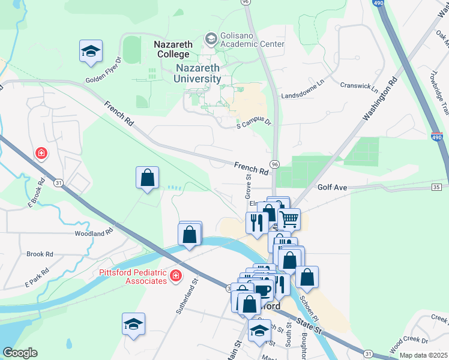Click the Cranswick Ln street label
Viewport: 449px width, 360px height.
click(359, 88)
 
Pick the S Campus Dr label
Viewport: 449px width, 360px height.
click(254, 123)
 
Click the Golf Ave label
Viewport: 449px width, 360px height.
click(333, 188)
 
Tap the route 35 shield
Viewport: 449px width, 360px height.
click(436, 188)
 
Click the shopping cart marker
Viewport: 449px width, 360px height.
click(289, 220)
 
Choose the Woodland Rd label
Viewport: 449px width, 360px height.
click(94, 232)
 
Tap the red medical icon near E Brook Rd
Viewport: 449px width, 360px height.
click(41, 154)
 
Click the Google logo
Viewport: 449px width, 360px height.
click(20, 353)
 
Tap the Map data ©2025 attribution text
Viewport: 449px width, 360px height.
click(423, 355)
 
